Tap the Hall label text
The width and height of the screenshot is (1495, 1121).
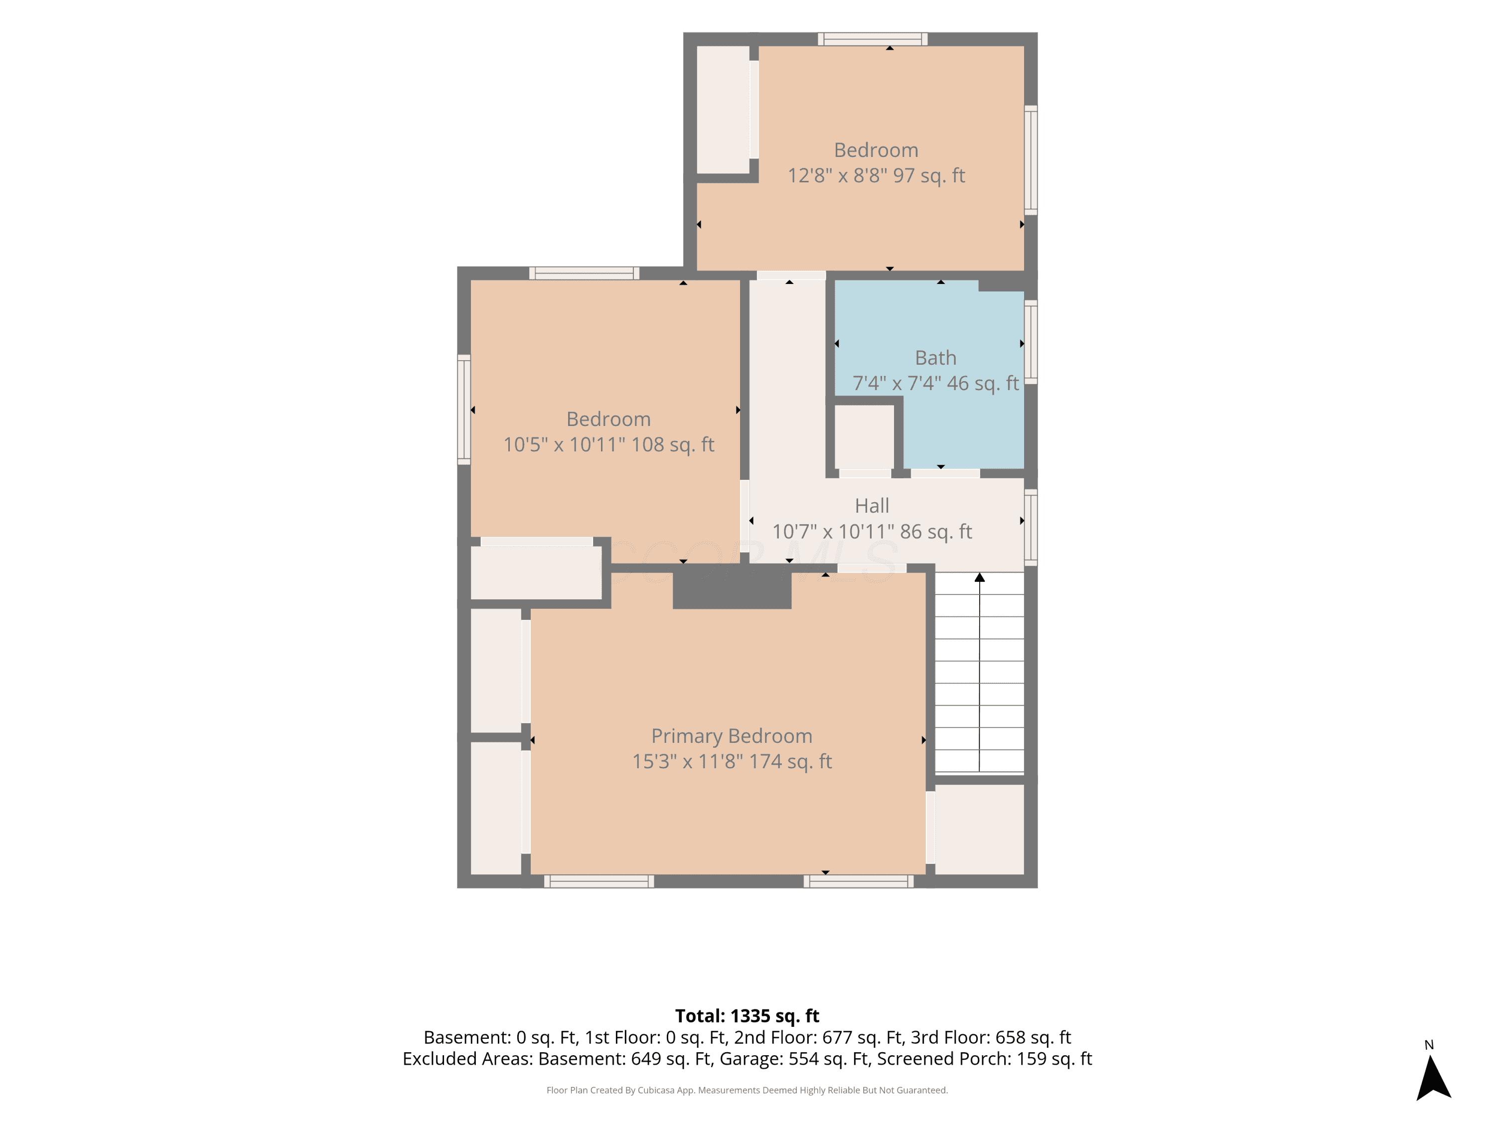click(872, 505)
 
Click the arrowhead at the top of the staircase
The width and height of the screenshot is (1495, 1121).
click(979, 577)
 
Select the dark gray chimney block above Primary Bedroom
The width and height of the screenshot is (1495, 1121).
click(732, 586)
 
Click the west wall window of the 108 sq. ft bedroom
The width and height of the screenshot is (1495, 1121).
click(463, 410)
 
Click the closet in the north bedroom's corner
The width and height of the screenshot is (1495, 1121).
click(723, 110)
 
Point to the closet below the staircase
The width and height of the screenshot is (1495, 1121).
click(979, 829)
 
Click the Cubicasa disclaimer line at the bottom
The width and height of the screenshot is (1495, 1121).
click(747, 1090)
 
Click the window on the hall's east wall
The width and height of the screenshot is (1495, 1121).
click(1031, 527)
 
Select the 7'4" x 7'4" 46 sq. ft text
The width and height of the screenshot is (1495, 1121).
click(935, 383)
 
